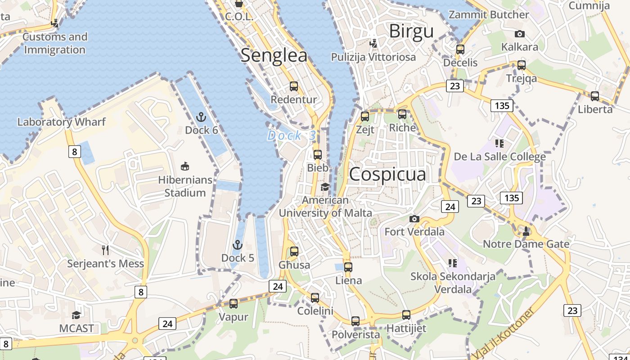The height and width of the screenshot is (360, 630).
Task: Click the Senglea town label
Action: click(x=274, y=55)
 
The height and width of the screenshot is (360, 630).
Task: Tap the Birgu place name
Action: click(x=411, y=31)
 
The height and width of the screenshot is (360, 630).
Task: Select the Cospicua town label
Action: click(x=387, y=175)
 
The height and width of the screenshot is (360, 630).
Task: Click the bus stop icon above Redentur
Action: click(x=294, y=86)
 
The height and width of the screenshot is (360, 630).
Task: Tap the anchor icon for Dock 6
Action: click(x=201, y=118)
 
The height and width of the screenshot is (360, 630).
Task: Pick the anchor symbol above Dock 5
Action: click(x=237, y=245)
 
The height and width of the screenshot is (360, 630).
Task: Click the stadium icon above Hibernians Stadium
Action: click(x=184, y=166)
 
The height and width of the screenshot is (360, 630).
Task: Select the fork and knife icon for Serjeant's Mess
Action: click(x=105, y=250)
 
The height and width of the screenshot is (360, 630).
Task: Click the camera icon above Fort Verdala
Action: click(x=414, y=219)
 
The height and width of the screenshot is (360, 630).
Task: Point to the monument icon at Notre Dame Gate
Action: click(x=526, y=231)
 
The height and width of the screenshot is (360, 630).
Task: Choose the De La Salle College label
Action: click(x=499, y=157)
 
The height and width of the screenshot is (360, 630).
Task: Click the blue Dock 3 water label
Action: click(x=292, y=135)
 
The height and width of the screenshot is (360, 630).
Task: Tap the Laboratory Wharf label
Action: click(x=61, y=122)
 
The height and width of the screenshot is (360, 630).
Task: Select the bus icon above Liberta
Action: click(x=595, y=96)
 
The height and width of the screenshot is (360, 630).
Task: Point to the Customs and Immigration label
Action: click(x=55, y=43)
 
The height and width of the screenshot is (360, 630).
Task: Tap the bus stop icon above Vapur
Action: click(x=234, y=304)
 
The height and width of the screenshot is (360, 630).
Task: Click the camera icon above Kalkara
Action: click(x=520, y=34)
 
